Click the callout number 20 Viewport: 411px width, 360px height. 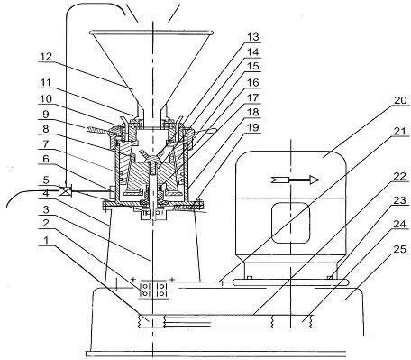400,100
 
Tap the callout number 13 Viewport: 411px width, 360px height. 252,37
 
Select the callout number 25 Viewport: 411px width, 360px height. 400,249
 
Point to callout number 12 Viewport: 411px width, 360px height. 46,56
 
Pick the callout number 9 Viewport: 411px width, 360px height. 46,115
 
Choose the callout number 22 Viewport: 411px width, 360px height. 400,176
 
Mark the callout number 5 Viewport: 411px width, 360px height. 46,180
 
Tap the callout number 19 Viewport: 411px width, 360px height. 252,127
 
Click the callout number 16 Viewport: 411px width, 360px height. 252,82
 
